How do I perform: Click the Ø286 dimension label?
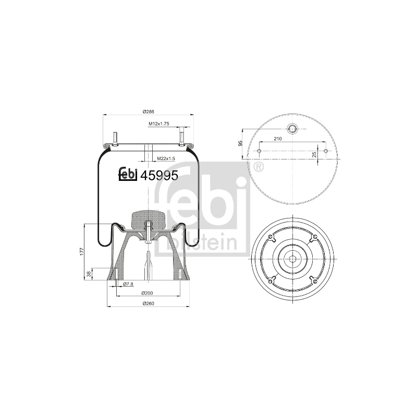tap(149, 112)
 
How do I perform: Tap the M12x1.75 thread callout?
tap(159, 124)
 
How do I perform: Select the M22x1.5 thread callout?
tap(166, 158)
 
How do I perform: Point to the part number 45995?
tap(159, 175)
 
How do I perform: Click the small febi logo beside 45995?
tap(128, 175)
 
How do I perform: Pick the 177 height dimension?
tap(82, 252)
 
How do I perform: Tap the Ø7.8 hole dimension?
tap(128, 284)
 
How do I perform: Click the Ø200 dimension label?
tap(147, 293)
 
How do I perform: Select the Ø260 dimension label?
tap(149, 303)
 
